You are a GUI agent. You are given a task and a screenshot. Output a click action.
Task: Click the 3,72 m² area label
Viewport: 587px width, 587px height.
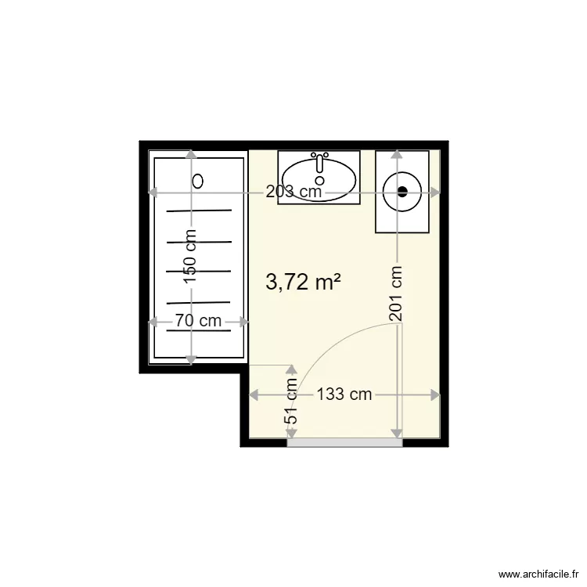pos(303,282)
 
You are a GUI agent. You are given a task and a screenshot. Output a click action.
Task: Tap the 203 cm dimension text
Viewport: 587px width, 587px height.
pos(293,192)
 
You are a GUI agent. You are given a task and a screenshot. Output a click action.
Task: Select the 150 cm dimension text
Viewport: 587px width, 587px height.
pos(191,256)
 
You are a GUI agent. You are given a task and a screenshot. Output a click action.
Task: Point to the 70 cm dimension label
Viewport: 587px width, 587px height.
pos(199,321)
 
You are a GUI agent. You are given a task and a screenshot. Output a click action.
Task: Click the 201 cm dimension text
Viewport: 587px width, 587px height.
pos(396,293)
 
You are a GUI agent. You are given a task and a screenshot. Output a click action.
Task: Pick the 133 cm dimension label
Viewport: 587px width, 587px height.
pos(344,394)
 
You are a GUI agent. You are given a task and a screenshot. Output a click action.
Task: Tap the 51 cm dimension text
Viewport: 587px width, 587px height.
pos(291,401)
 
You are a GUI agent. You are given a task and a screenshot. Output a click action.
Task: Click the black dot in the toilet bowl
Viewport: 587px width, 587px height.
pos(402,192)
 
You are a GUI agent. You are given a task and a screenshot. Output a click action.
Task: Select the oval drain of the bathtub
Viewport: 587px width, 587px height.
pos(198,182)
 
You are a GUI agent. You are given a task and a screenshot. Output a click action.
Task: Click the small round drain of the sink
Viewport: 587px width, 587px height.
pos(319,181)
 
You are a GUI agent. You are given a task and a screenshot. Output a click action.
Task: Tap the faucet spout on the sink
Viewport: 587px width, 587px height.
pos(319,164)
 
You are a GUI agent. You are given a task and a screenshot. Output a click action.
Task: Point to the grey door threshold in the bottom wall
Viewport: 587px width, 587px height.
pos(344,443)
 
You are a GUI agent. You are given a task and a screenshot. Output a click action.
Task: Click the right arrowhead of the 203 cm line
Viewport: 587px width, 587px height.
pos(435,193)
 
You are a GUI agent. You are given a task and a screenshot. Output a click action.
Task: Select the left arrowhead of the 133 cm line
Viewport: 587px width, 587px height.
pos(254,394)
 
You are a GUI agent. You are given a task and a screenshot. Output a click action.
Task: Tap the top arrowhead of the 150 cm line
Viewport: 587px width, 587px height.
pos(191,155)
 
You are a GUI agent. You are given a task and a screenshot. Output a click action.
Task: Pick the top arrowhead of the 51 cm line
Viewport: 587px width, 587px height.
pos(291,370)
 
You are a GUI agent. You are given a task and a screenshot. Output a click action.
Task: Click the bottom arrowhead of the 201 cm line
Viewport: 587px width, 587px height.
pos(397,434)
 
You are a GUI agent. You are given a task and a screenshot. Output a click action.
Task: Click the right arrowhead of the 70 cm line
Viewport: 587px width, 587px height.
pos(243,322)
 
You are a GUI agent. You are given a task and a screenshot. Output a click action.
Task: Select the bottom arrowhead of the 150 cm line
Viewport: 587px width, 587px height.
pos(191,359)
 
